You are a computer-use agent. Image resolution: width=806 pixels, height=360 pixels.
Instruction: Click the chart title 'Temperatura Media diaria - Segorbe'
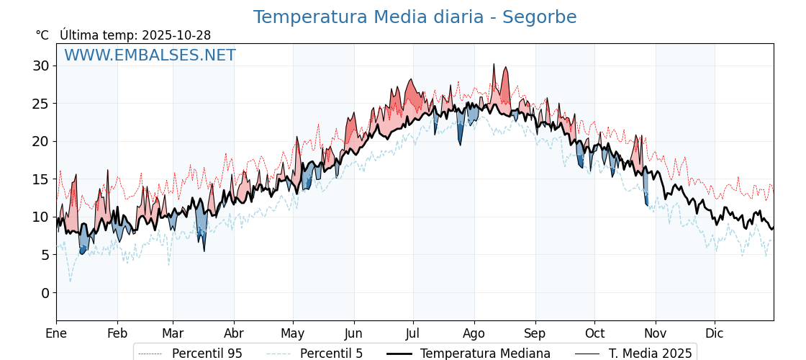click(x=415, y=17)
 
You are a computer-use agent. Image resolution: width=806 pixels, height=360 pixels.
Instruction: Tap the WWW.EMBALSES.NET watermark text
click(x=150, y=55)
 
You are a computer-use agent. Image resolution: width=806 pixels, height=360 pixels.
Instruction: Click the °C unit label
click(x=42, y=35)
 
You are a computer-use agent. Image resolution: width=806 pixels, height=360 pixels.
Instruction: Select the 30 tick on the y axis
click(x=41, y=66)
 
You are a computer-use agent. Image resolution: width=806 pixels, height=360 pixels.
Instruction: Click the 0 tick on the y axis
click(x=45, y=292)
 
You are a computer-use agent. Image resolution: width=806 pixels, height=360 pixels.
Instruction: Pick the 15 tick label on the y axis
click(x=41, y=179)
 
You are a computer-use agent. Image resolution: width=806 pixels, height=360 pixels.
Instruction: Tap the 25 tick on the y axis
click(x=41, y=104)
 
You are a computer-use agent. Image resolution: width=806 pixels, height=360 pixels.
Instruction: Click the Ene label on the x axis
click(x=56, y=333)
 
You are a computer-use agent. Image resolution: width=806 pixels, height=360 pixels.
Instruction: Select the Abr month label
click(x=234, y=333)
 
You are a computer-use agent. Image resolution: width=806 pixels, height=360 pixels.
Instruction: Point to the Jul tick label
click(x=413, y=333)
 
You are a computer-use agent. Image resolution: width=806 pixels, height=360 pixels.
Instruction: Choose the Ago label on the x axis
click(x=474, y=333)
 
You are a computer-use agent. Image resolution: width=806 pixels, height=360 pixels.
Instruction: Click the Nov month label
click(x=655, y=333)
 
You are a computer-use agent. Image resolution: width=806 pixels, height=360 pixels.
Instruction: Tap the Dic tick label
click(x=715, y=333)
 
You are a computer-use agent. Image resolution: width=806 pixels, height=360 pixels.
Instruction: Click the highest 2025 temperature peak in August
click(x=494, y=64)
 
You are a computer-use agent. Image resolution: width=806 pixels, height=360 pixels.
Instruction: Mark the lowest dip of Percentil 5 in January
click(x=70, y=281)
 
